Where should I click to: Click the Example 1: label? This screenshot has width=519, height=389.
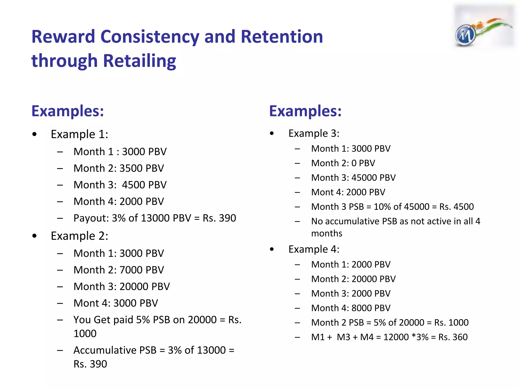(79, 134)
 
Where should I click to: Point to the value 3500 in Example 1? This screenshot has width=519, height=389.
(131, 168)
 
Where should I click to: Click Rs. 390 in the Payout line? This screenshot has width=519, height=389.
(219, 218)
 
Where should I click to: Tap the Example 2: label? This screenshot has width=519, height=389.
(79, 236)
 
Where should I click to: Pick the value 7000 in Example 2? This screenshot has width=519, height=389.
(131, 270)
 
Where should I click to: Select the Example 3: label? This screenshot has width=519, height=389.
(314, 133)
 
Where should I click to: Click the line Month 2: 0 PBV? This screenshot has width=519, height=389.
(343, 163)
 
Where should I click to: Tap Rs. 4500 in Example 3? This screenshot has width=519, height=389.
(456, 207)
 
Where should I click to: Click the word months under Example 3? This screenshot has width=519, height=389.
(327, 233)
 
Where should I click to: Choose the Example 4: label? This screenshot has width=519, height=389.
(314, 249)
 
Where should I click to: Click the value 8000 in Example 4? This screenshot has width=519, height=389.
(361, 308)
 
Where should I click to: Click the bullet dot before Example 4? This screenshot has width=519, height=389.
(272, 249)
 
